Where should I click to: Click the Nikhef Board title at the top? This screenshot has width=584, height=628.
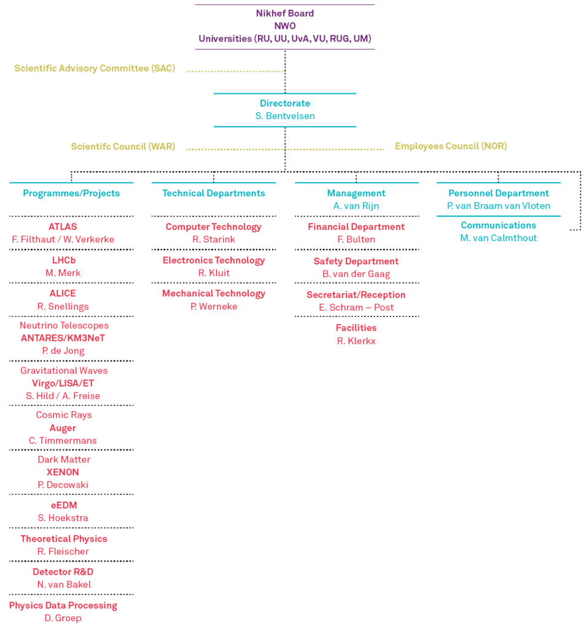click(x=285, y=13)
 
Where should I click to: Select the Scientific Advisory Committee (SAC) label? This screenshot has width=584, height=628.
click(x=95, y=68)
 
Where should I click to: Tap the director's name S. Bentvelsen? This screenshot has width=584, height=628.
click(x=285, y=116)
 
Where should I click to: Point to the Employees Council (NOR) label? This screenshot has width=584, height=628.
click(x=451, y=146)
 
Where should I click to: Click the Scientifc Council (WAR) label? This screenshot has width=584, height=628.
click(x=123, y=146)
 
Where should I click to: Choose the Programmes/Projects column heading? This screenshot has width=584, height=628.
click(x=71, y=193)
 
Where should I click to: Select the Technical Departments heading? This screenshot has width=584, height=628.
click(x=214, y=193)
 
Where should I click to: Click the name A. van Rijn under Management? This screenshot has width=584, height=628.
click(x=356, y=206)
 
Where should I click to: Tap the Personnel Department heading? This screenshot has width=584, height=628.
click(x=499, y=193)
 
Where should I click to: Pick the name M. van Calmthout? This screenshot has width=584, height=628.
click(x=499, y=238)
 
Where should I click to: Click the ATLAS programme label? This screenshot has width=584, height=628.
click(x=63, y=227)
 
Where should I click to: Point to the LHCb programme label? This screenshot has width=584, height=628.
click(x=64, y=260)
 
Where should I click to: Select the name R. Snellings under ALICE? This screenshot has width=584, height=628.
click(x=63, y=307)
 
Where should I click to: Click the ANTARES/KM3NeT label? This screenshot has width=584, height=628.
click(x=63, y=338)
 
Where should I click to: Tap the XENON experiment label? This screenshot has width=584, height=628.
click(x=63, y=472)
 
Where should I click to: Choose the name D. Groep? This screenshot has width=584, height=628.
click(x=63, y=618)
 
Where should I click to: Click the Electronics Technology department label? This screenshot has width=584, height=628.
click(x=214, y=260)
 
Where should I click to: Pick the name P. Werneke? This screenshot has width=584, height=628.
click(x=214, y=307)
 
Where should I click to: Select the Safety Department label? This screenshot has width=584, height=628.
click(x=356, y=261)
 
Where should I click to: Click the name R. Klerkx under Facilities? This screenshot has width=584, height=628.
click(x=356, y=341)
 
